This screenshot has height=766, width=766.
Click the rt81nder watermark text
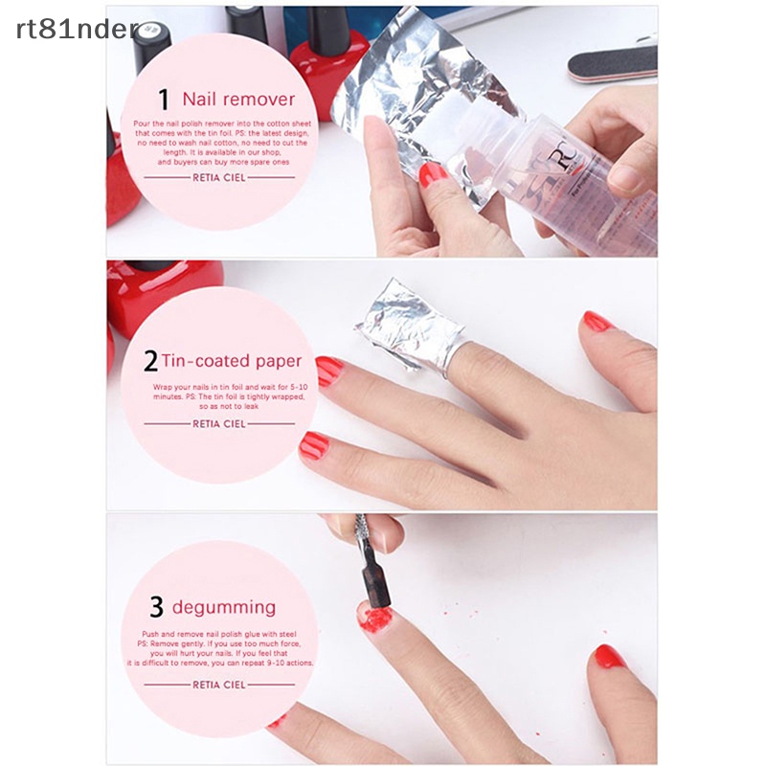[x=78, y=28]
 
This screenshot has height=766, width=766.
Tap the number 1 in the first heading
[x=164, y=100]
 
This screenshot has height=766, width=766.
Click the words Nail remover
[x=238, y=99]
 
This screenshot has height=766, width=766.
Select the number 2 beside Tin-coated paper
[x=150, y=361]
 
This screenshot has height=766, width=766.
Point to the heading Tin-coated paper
[x=231, y=361]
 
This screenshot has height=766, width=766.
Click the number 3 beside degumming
[x=156, y=607]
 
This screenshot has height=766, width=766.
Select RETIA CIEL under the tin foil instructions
[x=219, y=422]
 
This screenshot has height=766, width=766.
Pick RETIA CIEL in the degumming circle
[x=219, y=685]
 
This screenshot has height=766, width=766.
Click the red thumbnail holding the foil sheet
[x=433, y=174]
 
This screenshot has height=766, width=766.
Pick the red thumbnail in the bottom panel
[x=609, y=656]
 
